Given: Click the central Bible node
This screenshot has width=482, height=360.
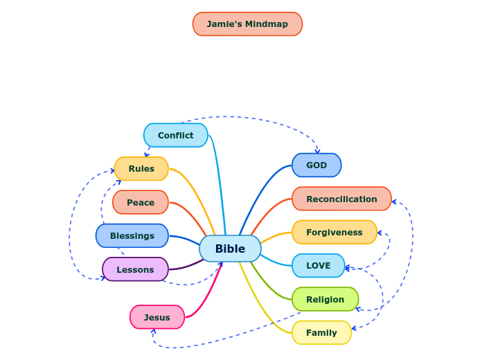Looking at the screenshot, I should pyautogui.click(x=230, y=249).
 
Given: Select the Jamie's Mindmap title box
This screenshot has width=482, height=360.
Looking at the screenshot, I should pyautogui.click(x=247, y=24).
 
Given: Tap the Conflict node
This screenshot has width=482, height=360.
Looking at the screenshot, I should pyautogui.click(x=175, y=135).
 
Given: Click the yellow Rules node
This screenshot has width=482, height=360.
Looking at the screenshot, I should pyautogui.click(x=141, y=169).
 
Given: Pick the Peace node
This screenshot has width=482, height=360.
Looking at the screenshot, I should pyautogui.click(x=141, y=202).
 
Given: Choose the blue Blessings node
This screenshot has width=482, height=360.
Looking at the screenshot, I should pyautogui.click(x=132, y=235).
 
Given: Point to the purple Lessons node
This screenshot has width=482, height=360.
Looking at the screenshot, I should pyautogui.click(x=135, y=269).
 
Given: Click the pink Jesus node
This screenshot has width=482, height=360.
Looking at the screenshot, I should pyautogui.click(x=157, y=317).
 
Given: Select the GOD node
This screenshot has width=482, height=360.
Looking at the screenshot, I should pyautogui.click(x=316, y=165).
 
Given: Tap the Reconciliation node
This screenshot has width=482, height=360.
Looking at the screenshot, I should pyautogui.click(x=341, y=199).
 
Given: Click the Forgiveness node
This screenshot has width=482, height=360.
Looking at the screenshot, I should pyautogui.click(x=334, y=232).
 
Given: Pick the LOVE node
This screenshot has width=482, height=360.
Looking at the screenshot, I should pyautogui.click(x=318, y=265).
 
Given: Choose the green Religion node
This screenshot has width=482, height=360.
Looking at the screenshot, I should pyautogui.click(x=325, y=299).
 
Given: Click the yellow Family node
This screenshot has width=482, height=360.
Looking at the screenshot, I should pyautogui.click(x=321, y=332).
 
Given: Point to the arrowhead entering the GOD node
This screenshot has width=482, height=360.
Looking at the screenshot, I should pyautogui.click(x=317, y=150).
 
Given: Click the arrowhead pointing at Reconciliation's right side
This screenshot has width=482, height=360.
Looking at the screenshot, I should pyautogui.click(x=394, y=202).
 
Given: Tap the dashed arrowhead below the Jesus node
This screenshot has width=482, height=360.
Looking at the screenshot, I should pyautogui.click(x=153, y=332).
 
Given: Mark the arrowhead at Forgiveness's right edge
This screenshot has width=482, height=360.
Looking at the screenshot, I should pyautogui.click(x=380, y=233).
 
